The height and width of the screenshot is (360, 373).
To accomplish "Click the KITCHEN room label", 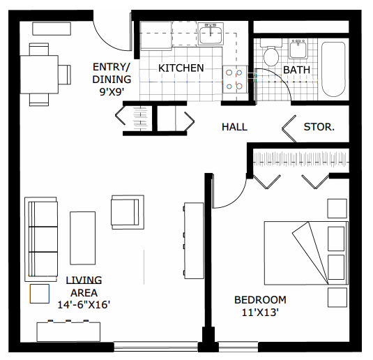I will point(181,68).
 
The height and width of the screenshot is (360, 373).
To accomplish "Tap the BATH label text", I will point(296,70).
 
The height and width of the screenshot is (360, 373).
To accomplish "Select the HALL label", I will point(234,127).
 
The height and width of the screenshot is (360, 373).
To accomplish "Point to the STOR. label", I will point(319,127).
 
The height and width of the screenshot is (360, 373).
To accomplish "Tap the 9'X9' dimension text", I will point(112,91).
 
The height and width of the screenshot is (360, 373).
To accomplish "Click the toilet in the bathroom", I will point(271,54).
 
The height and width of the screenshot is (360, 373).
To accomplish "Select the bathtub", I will point(333,69).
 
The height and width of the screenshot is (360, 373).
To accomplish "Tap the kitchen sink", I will point(210,33).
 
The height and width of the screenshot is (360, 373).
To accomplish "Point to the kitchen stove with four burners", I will point(235,79).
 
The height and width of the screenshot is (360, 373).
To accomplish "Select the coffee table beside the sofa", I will point(82,238).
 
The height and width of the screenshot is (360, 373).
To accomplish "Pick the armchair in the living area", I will point(126,211).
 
